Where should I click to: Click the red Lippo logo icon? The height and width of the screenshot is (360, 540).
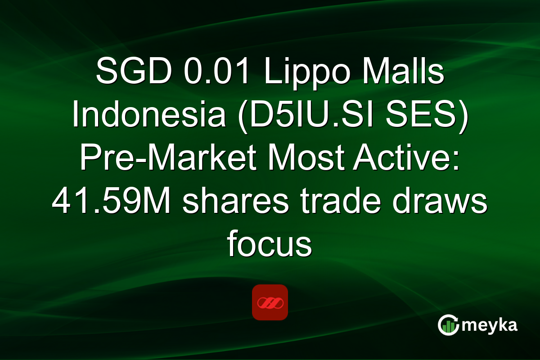coord(270,302)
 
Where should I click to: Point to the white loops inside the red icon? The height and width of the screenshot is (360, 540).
coord(270,302)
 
